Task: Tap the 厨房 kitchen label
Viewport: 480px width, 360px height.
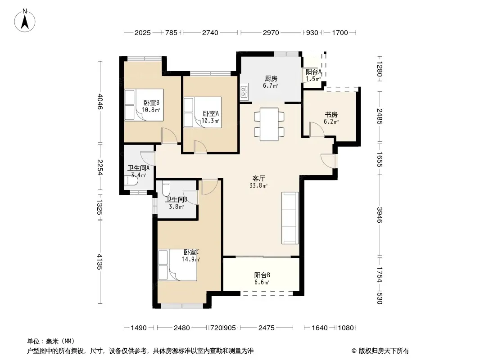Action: pyautogui.click(x=271, y=79)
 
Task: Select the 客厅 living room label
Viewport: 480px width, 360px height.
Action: pyautogui.click(x=258, y=178)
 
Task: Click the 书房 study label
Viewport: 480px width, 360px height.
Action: pyautogui.click(x=331, y=115)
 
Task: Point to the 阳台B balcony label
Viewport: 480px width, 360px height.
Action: pyautogui.click(x=262, y=275)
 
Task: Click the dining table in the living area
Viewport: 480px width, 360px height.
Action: pyautogui.click(x=269, y=124)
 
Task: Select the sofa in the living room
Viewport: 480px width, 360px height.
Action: pyautogui.click(x=290, y=218)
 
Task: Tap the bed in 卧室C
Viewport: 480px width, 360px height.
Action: pyautogui.click(x=177, y=265)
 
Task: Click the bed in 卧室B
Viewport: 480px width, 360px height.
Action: pyautogui.click(x=144, y=105)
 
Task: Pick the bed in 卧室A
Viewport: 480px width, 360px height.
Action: pyautogui.click(x=203, y=112)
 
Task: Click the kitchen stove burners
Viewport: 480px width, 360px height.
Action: pyautogui.click(x=244, y=91)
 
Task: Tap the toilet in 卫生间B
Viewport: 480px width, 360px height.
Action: pyautogui.click(x=166, y=189)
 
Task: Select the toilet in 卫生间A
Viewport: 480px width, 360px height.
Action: pyautogui.click(x=131, y=180)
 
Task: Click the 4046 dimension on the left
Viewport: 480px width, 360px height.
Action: pyautogui.click(x=100, y=102)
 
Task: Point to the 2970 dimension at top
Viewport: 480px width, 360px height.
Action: pyautogui.click(x=271, y=32)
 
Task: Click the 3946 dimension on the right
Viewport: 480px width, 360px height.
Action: pyautogui.click(x=380, y=215)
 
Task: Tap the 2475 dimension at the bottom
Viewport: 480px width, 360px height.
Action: pyautogui.click(x=266, y=328)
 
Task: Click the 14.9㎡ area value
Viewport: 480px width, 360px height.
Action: pyautogui.click(x=191, y=259)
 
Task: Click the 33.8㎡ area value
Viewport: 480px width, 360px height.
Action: pyautogui.click(x=258, y=185)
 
